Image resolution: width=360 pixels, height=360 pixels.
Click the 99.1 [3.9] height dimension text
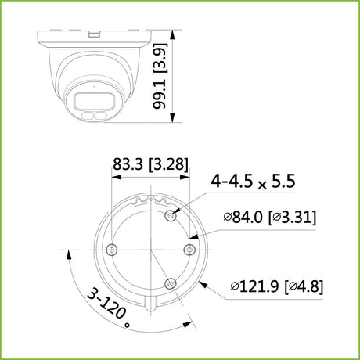pyautogui.click(x=160, y=76)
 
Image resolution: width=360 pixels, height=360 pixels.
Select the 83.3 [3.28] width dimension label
pyautogui.click(x=150, y=164)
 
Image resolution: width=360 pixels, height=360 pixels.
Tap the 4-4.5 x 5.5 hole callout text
pyautogui.click(x=253, y=181)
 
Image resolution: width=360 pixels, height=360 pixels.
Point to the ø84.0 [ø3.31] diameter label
pyautogui.click(x=270, y=217)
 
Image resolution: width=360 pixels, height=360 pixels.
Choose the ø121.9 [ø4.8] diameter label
pyautogui.click(x=277, y=286)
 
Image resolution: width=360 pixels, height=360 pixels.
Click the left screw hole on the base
pyautogui.click(x=112, y=250)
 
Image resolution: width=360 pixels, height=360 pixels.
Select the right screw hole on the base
pyautogui.click(x=189, y=250)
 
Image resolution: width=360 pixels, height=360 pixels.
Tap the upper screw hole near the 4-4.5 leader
pyautogui.click(x=171, y=215)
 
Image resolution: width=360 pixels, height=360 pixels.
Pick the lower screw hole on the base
pyautogui.click(x=171, y=283)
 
